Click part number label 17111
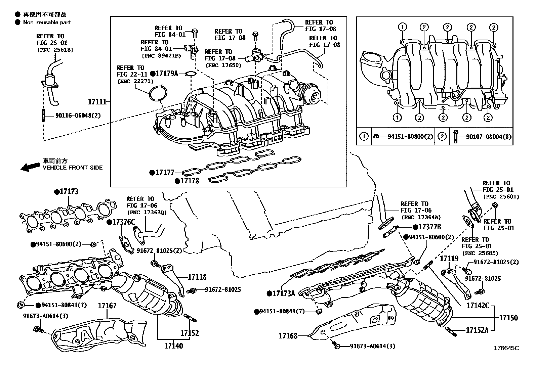tap(97, 101)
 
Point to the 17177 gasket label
tap(164, 173)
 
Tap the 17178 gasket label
tap(189, 181)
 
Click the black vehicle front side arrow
tap(30, 167)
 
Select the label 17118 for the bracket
tap(197, 277)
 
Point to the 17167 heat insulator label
tap(107, 306)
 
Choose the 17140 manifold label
tap(173, 345)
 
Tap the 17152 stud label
tap(190, 333)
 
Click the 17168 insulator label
tap(288, 335)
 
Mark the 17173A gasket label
tap(283, 293)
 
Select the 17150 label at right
tap(508, 317)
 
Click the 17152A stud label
tap(477, 330)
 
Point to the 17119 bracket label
tap(449, 259)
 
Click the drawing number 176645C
tap(506, 348)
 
